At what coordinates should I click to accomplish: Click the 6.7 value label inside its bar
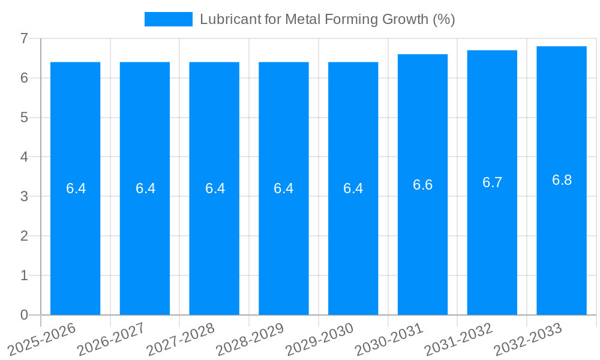click(492, 182)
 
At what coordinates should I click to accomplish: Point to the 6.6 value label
click(422, 185)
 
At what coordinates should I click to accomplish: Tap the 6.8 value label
click(562, 180)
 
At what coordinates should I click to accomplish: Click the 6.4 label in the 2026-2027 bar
click(145, 188)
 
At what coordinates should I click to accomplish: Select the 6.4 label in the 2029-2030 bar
click(353, 188)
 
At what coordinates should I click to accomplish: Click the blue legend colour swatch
click(168, 19)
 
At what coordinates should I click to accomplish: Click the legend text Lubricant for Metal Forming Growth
click(327, 19)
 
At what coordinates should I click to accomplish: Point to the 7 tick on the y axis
click(24, 39)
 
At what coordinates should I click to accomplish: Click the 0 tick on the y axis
click(24, 315)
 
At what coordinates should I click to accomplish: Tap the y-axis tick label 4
click(24, 157)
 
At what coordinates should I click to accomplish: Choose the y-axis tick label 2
click(24, 236)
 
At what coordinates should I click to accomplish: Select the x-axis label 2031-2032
click(458, 339)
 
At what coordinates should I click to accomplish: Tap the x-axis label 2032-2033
click(527, 339)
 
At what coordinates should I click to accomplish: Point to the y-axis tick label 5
click(24, 118)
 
